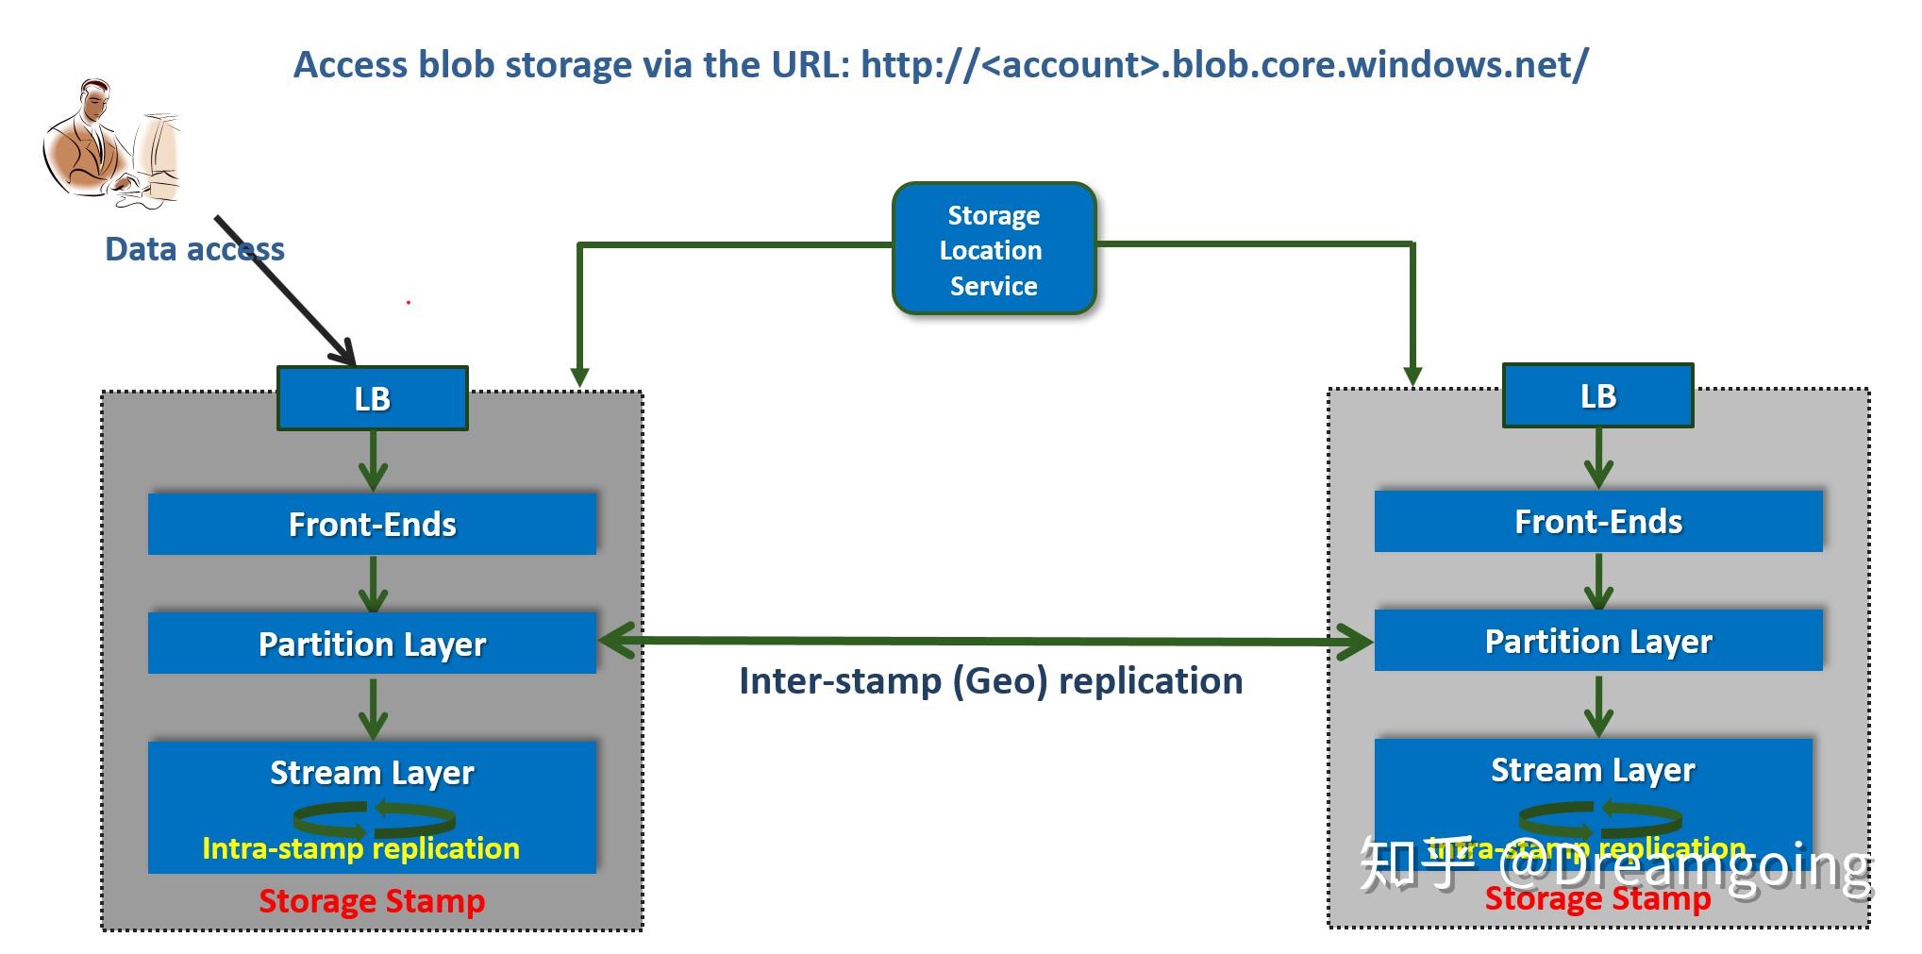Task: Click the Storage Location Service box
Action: click(994, 249)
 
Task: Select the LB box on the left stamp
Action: click(373, 399)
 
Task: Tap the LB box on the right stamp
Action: click(1597, 396)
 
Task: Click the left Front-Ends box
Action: click(373, 524)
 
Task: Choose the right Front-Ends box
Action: click(1597, 521)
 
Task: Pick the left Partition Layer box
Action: click(373, 644)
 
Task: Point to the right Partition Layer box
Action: click(1597, 641)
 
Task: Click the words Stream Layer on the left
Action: click(373, 773)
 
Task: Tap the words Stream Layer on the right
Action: click(1593, 770)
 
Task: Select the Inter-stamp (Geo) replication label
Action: click(991, 681)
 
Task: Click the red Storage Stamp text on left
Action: click(372, 901)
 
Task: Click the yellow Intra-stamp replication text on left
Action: click(360, 848)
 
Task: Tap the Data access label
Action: click(194, 249)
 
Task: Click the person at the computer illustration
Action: click(110, 144)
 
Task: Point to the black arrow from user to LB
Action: click(283, 289)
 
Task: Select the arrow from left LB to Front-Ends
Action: click(374, 461)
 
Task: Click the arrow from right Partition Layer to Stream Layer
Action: click(1597, 706)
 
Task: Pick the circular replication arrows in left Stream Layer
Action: click(374, 818)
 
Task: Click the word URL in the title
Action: click(811, 64)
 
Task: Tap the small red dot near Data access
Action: click(409, 303)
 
